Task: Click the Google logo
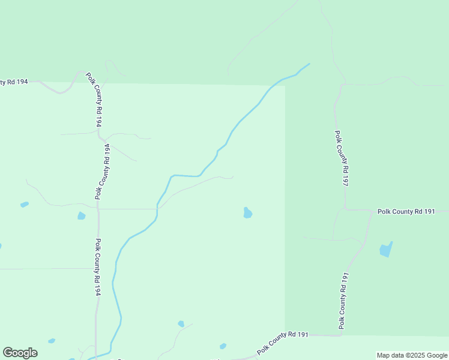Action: pyautogui.click(x=20, y=353)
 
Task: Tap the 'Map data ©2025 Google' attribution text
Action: pyautogui.click(x=412, y=355)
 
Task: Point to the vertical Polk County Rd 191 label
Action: pyautogui.click(x=343, y=300)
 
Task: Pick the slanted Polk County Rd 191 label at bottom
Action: pyautogui.click(x=283, y=342)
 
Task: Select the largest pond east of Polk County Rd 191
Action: pyautogui.click(x=386, y=249)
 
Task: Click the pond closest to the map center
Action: pyautogui.click(x=247, y=212)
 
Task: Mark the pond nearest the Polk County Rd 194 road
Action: pyautogui.click(x=81, y=215)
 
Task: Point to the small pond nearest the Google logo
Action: pyautogui.click(x=52, y=341)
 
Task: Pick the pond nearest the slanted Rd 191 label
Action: pyautogui.click(x=223, y=346)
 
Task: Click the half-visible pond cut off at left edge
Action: pyautogui.click(x=1, y=245)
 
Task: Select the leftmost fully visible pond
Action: pyautogui.click(x=24, y=205)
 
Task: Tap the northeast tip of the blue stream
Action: pyautogui.click(x=309, y=64)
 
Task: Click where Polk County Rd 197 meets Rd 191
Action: pyautogui.click(x=345, y=210)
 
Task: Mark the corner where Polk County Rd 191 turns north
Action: pyautogui.click(x=341, y=335)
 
